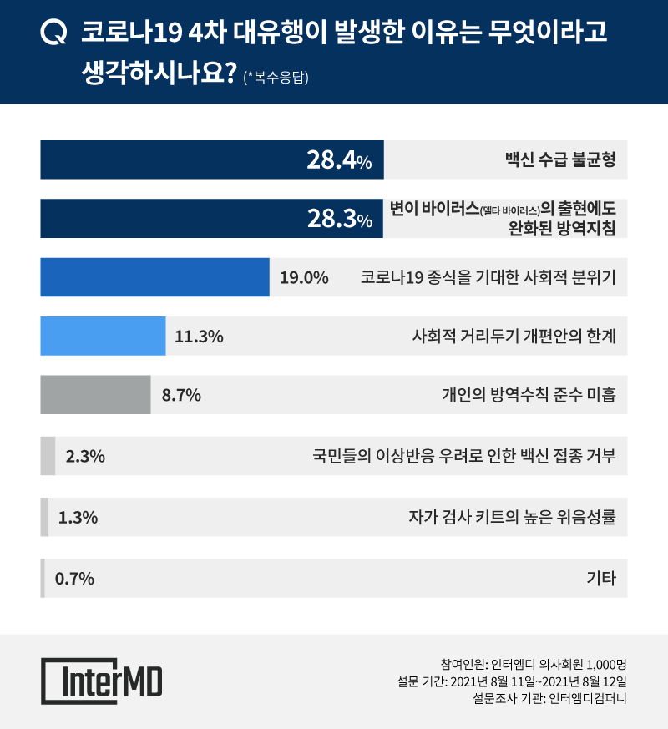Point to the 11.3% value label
click(199, 337)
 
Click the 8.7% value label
click(180, 396)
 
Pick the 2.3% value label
click(84, 456)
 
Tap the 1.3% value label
click(78, 517)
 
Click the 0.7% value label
click(74, 577)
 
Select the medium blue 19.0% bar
click(154, 277)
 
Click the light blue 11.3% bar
click(103, 337)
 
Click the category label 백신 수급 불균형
click(560, 159)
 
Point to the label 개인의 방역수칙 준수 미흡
click(528, 396)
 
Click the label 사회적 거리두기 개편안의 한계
click(514, 337)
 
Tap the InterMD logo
click(102, 681)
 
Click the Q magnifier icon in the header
click(53, 33)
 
